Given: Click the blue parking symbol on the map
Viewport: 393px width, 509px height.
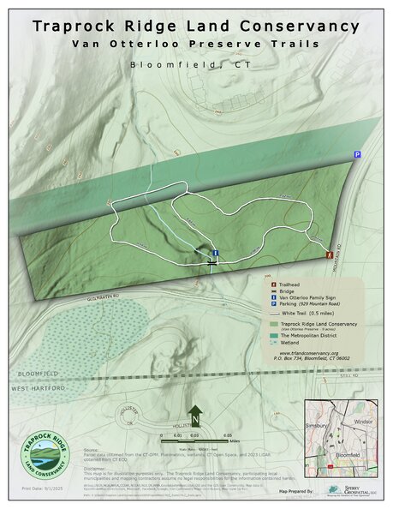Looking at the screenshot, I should click(357, 154).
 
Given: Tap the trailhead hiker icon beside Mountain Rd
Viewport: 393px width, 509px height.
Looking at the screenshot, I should click(330, 254).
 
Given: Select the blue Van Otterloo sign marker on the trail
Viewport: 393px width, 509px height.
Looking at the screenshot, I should click(215, 254).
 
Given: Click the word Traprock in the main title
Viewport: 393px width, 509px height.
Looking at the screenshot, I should click(74, 26).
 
